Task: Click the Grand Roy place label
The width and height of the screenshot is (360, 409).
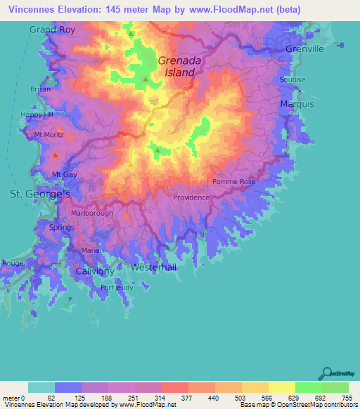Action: pyautogui.click(x=52, y=30)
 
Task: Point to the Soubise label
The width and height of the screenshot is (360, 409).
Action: pyautogui.click(x=292, y=79)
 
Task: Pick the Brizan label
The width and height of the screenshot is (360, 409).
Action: pyautogui.click(x=41, y=89)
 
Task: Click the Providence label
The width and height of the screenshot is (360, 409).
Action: pyautogui.click(x=191, y=197)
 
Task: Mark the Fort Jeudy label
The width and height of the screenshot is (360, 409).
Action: pyautogui.click(x=117, y=287)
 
